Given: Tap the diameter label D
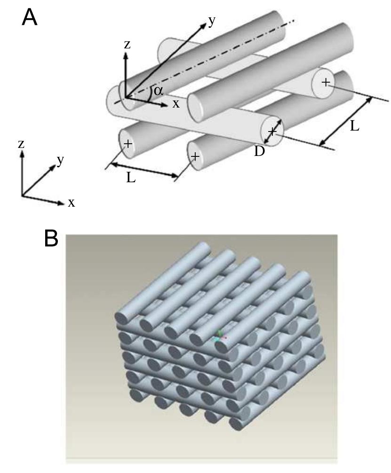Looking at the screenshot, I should click(x=259, y=151).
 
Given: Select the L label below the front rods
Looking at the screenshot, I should click(x=131, y=178).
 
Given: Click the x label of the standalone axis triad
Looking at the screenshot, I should click(x=72, y=202).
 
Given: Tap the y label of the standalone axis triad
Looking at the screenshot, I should click(x=61, y=160).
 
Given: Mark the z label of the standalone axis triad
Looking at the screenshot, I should click(x=21, y=143).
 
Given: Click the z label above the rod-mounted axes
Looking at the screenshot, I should click(x=127, y=45).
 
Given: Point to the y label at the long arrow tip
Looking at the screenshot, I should click(x=212, y=21).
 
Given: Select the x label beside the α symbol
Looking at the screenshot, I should click(x=176, y=103).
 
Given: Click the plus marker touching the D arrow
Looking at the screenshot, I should click(x=271, y=132).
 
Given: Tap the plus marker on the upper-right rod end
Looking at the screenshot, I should click(x=325, y=83).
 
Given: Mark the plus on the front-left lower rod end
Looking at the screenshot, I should click(x=128, y=144).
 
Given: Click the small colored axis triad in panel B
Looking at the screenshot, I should click(x=219, y=335).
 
